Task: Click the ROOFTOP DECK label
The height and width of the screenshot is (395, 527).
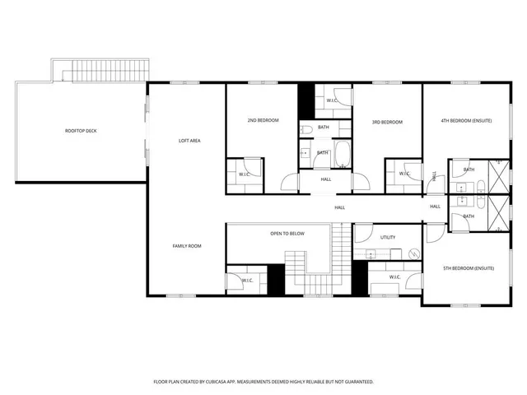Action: point(82,131)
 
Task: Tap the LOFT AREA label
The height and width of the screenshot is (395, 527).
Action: point(190,141)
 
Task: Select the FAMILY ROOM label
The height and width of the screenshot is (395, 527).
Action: point(187,246)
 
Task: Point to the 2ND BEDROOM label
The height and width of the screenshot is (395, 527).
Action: point(263,121)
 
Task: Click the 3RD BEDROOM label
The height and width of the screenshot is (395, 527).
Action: point(387,123)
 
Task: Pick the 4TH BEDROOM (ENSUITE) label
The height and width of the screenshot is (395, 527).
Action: point(466,121)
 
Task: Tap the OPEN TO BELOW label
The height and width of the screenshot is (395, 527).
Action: point(287,234)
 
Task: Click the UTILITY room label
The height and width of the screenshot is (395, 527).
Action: point(389,237)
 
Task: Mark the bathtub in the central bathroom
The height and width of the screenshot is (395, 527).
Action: point(342,153)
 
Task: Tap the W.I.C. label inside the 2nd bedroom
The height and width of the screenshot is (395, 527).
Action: point(245,174)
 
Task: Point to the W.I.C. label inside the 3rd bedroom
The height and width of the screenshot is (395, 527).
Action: point(404,174)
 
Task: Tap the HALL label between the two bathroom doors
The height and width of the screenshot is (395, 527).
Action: point(326,179)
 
